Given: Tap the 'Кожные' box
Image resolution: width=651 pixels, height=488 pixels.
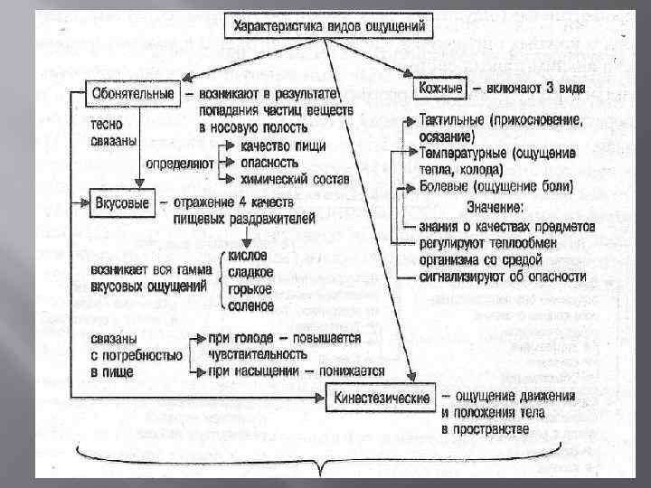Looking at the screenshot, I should (441, 89).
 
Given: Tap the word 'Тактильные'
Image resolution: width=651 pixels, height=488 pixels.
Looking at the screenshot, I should (455, 119).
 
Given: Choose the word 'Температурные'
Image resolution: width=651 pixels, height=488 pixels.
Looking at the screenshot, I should (466, 154).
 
